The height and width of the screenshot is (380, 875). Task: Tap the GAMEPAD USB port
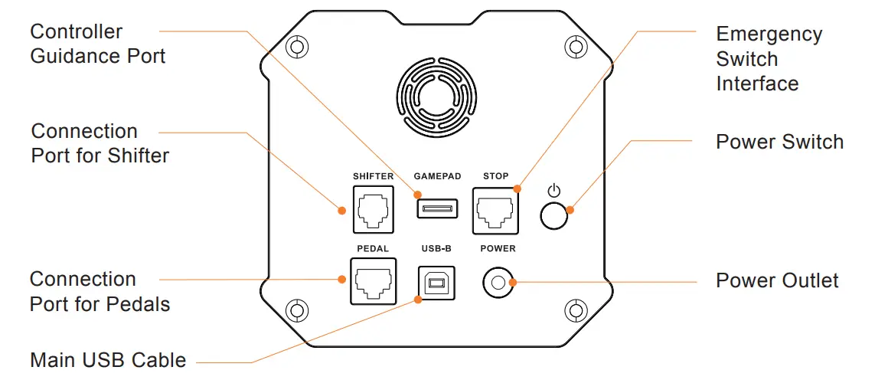(x=437, y=208)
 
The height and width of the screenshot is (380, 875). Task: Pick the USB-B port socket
(x=436, y=283)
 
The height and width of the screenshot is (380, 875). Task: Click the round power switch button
(x=554, y=216)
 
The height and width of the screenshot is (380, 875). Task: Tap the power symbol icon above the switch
(x=554, y=190)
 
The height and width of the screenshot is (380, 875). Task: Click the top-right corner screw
(x=575, y=46)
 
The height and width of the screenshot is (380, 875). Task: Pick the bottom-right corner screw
(x=575, y=310)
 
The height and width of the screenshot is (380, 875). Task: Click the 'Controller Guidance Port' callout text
(x=97, y=44)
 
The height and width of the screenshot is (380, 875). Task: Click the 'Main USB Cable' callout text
(x=108, y=359)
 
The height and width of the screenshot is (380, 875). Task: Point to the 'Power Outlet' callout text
(x=777, y=280)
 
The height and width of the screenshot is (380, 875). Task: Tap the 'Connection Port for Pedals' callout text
(x=100, y=291)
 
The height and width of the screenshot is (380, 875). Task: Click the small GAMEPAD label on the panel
(x=437, y=176)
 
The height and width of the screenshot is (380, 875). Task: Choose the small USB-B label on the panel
(x=436, y=248)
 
